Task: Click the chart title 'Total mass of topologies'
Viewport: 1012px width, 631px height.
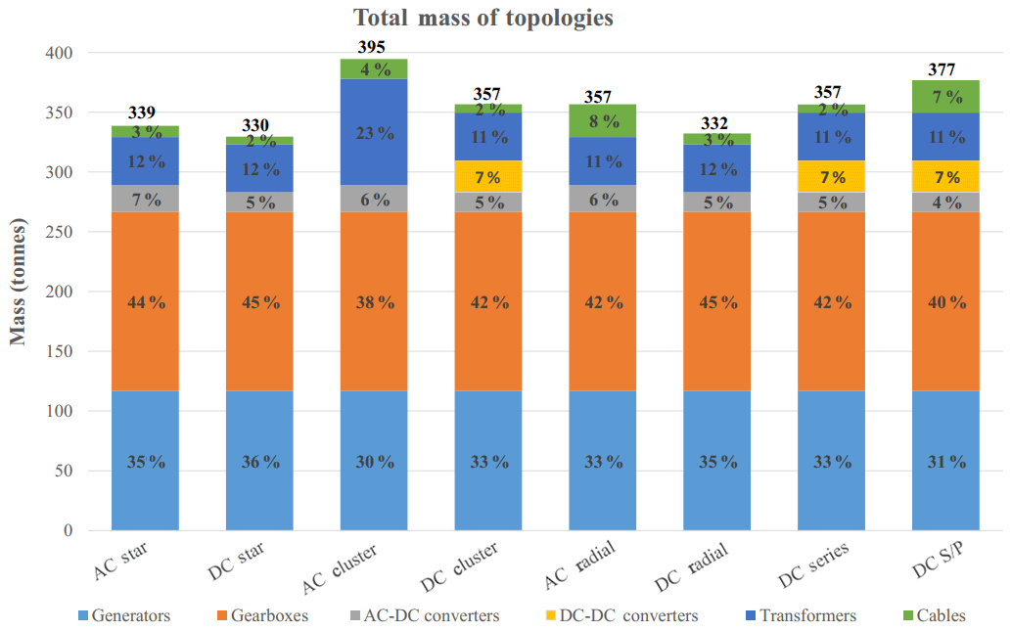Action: coord(483,19)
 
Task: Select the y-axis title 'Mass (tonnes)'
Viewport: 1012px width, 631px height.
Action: coord(19,281)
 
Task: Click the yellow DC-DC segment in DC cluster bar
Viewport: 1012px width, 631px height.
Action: coord(488,177)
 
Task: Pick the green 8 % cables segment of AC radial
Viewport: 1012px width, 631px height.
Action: coord(603,121)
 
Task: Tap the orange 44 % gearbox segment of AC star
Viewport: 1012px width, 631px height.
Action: coord(145,301)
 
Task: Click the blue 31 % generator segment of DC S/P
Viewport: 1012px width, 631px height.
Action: coord(945,461)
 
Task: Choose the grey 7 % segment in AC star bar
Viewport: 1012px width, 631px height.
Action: coord(145,199)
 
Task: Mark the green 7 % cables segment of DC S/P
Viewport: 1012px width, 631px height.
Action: coord(945,97)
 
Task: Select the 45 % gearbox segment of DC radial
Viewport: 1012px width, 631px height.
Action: coord(717,301)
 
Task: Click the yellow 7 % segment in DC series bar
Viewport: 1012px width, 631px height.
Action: coord(832,177)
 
